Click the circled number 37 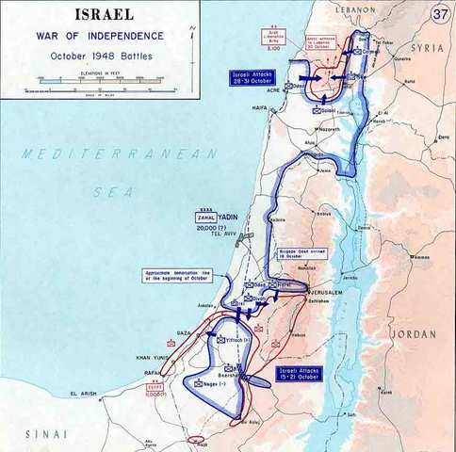pyautogui.click(x=440, y=14)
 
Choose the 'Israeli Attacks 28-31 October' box pyautogui.click(x=251, y=78)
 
